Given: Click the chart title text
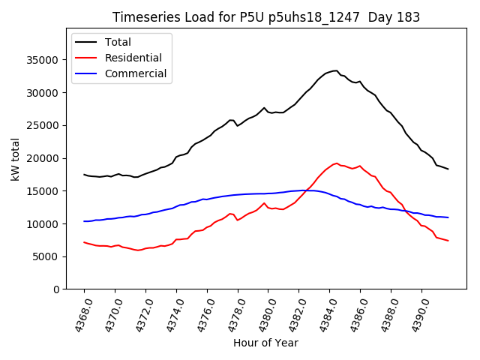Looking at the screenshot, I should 266,17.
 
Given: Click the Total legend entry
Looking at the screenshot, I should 118,42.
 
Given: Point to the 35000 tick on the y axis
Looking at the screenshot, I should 51,60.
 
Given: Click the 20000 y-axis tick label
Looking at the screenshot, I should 51,158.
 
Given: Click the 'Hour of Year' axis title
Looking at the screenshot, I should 265,343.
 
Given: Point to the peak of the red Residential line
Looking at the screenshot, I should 336,163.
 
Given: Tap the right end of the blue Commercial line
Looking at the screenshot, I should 448,217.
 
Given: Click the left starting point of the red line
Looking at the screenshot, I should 84,242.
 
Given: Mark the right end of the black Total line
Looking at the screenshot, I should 448,169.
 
